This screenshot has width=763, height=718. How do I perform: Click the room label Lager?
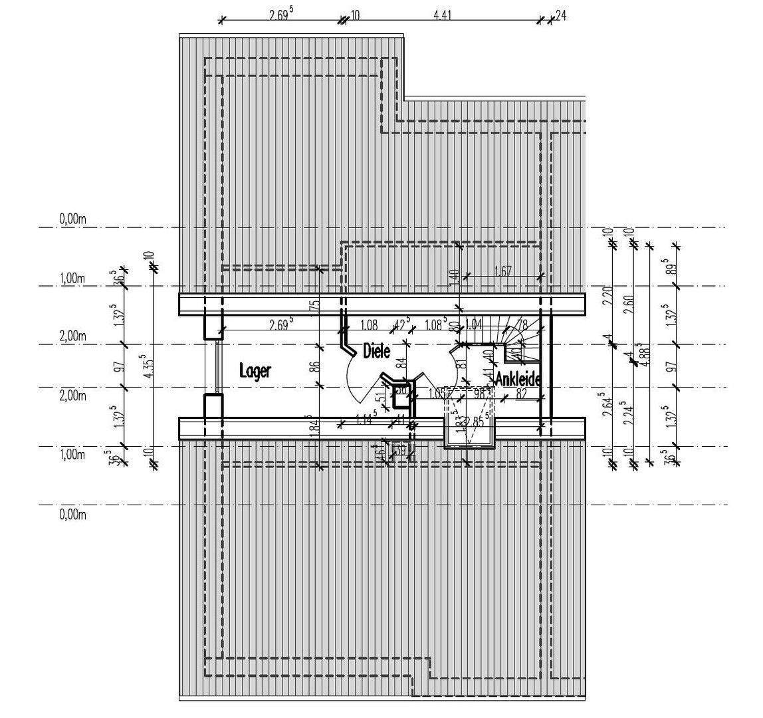pos(255,371)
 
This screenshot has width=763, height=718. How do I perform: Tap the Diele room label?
pos(376,351)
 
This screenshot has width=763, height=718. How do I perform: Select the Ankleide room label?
pos(518,380)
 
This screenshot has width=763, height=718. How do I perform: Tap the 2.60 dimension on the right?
pos(629,303)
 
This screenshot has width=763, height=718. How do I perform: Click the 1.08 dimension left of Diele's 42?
pos(369,325)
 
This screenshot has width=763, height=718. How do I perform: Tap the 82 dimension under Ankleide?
pos(522,395)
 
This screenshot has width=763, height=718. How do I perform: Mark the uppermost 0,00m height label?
pos(73,219)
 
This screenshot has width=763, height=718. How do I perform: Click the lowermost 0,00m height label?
pos(73,514)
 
